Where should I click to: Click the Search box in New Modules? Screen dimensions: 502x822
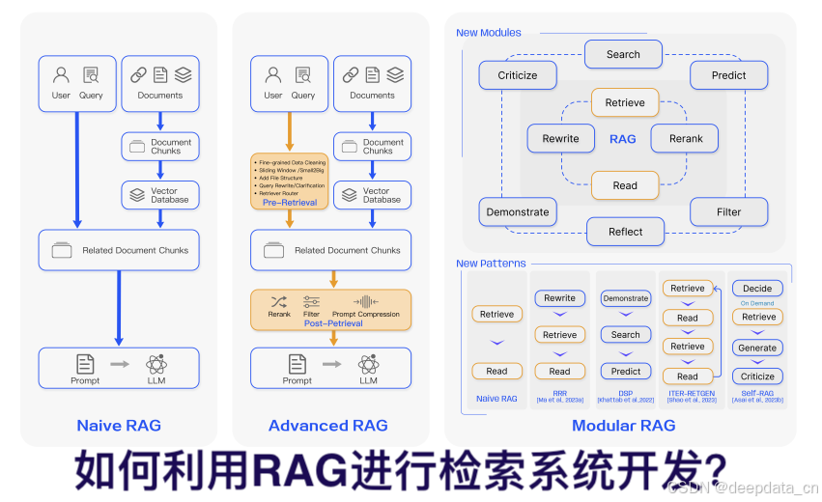point(623,54)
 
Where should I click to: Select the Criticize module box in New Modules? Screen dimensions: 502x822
point(518,75)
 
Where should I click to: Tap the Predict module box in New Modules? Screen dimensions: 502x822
point(728,75)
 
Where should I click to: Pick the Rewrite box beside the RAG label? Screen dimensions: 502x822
point(560,138)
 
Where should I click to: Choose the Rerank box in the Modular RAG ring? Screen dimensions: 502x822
point(686,138)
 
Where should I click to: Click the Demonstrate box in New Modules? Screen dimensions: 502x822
point(518,211)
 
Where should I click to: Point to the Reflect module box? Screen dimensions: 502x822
point(625,232)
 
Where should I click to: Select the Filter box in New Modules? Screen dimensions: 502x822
point(728,211)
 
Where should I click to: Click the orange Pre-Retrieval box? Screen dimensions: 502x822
point(289,181)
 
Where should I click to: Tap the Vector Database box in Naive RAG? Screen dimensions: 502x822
point(160,195)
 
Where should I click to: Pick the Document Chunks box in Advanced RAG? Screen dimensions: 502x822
point(373,147)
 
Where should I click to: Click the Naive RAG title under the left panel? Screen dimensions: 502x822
point(119,425)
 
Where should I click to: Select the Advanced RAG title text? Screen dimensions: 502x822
point(328,425)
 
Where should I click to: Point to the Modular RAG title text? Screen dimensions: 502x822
point(623,425)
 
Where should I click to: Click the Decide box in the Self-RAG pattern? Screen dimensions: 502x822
point(757,288)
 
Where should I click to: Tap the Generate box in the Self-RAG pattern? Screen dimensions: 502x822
point(757,348)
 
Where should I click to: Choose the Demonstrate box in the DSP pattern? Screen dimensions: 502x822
point(625,298)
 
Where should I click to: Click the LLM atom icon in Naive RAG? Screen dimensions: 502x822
point(156,364)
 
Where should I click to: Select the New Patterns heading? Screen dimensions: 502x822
point(491,264)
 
